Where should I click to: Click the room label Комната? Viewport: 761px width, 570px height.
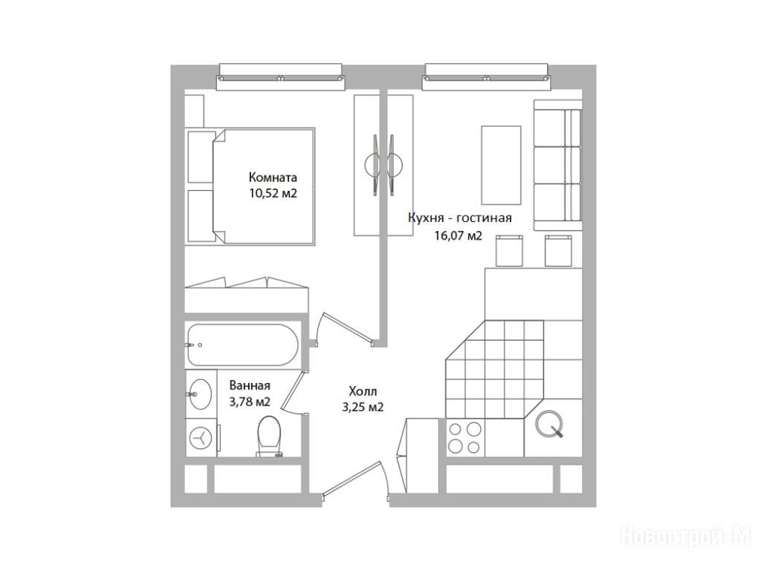[273, 177]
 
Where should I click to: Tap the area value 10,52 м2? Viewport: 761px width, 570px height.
[273, 194]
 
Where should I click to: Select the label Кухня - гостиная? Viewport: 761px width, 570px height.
[459, 218]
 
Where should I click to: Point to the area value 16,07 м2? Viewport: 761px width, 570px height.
[458, 236]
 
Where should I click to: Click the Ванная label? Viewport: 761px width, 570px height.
[250, 386]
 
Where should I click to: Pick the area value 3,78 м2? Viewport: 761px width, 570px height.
[250, 402]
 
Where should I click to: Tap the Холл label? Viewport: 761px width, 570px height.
[363, 390]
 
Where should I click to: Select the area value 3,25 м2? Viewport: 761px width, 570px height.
[363, 407]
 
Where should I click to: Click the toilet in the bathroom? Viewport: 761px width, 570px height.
[269, 436]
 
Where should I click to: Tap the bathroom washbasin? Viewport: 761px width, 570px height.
[200, 393]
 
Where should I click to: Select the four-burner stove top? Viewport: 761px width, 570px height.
[465, 438]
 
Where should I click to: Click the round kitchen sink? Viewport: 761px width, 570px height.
[549, 423]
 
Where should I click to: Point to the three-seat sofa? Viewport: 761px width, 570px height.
[557, 166]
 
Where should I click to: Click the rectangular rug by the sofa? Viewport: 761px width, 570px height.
[501, 166]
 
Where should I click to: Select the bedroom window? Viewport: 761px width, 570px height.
[281, 77]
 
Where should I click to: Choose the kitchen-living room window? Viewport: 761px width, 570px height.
[487, 77]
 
